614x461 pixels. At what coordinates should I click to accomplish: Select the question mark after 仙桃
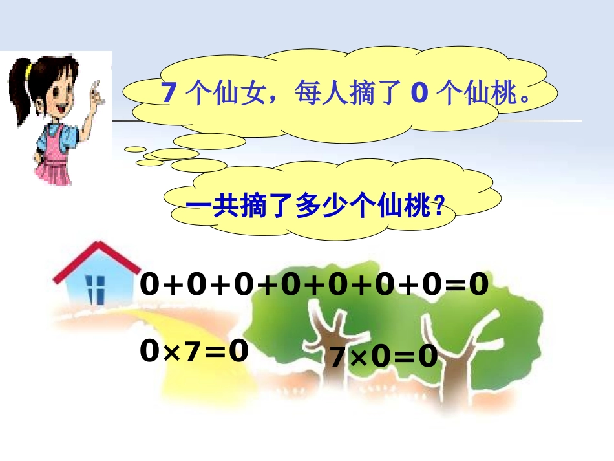click(x=439, y=208)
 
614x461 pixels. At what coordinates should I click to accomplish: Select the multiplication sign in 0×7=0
click(x=169, y=352)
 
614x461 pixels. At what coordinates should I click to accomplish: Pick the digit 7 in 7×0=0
click(x=338, y=357)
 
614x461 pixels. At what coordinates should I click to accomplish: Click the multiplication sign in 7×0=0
click(x=359, y=358)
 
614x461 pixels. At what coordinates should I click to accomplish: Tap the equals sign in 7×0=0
click(x=404, y=358)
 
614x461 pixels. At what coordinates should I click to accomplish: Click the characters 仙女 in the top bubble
click(x=231, y=94)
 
